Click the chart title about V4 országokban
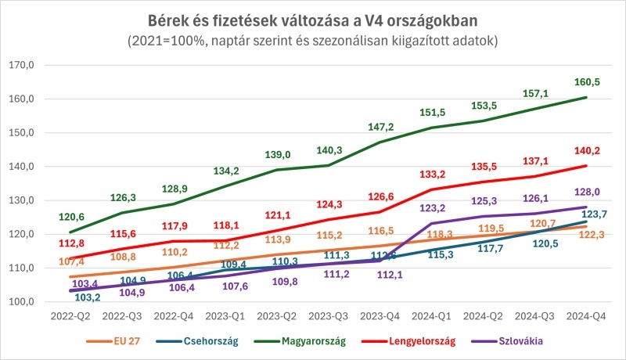pos(313,18)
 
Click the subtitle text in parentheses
pos(313,40)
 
